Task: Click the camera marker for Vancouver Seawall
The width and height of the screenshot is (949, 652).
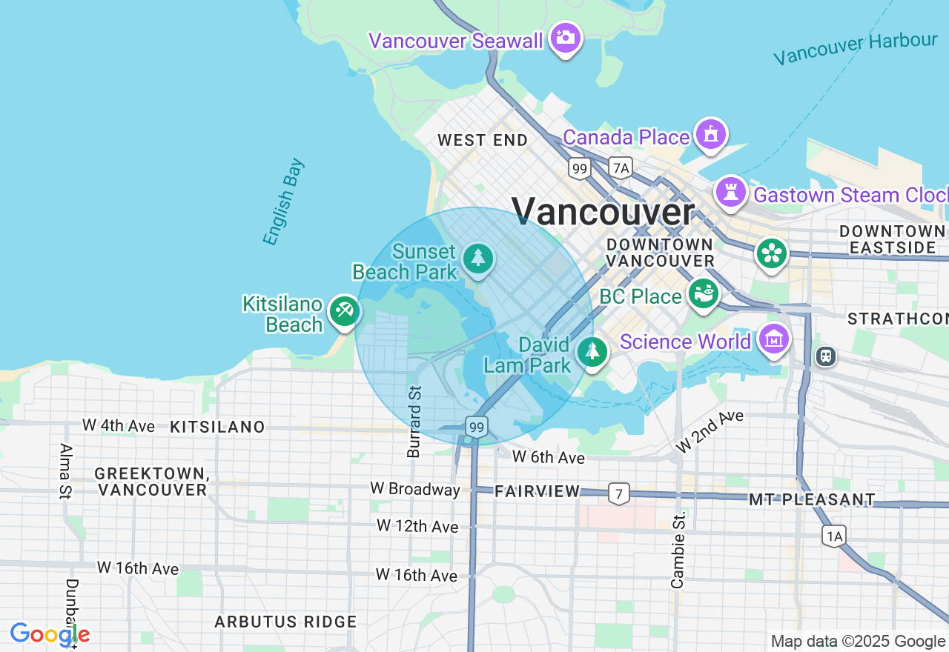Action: tap(566, 38)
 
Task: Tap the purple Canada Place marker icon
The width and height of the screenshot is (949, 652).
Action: tap(711, 135)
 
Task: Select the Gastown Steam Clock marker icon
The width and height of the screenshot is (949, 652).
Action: tap(731, 193)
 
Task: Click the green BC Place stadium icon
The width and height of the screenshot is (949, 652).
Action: tap(703, 293)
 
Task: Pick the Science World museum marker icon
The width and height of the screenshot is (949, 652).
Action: tap(774, 340)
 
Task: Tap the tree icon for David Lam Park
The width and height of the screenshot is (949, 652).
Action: tap(592, 351)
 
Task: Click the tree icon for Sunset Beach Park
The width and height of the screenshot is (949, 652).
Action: tap(478, 259)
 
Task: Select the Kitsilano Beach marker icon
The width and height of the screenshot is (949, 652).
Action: tap(343, 310)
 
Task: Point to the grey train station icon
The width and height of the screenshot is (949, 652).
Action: tap(825, 356)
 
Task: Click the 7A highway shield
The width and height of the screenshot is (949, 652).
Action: tap(621, 168)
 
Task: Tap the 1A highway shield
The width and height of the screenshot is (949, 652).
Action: tap(834, 536)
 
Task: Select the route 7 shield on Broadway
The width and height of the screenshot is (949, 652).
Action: tap(618, 493)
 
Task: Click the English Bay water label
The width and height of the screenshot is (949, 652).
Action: tap(283, 202)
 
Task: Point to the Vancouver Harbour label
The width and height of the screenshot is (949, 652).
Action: tap(855, 49)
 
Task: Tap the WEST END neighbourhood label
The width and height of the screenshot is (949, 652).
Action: tap(483, 140)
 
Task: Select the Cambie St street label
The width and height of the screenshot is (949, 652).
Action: tap(678, 550)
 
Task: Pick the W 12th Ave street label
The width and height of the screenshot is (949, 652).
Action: tap(417, 526)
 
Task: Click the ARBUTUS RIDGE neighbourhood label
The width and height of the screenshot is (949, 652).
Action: tap(285, 622)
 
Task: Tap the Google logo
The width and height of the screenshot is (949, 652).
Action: tap(50, 634)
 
